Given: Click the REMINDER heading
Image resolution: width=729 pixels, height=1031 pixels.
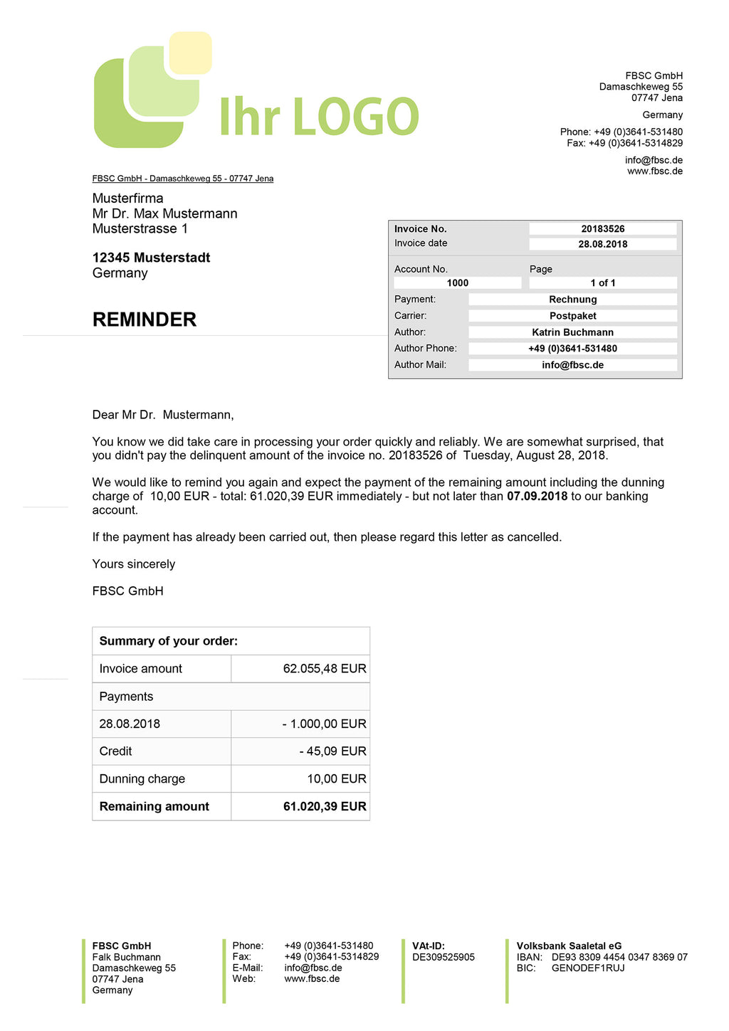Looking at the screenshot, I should [145, 319].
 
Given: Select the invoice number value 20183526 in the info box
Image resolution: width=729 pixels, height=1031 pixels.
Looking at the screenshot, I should [602, 229].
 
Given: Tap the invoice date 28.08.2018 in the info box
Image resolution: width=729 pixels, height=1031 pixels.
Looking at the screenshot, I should [602, 244].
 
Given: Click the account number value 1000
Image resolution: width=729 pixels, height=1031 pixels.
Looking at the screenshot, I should [457, 283].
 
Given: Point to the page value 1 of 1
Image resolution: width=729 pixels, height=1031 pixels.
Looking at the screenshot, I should [602, 283].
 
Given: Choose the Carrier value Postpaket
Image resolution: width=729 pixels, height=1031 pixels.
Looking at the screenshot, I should [572, 316].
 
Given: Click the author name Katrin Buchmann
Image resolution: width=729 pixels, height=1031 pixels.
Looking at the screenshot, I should [572, 332].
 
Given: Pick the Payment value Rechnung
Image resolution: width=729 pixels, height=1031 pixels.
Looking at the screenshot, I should [572, 300].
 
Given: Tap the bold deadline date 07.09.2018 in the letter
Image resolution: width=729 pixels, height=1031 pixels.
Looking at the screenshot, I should [537, 496].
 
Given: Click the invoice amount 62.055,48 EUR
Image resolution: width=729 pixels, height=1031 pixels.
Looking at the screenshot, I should [325, 669].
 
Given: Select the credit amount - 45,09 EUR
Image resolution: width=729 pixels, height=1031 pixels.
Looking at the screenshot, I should [332, 751].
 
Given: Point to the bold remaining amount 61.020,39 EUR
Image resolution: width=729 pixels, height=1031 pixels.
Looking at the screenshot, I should [325, 807].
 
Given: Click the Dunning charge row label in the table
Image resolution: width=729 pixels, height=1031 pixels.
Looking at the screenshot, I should [142, 779].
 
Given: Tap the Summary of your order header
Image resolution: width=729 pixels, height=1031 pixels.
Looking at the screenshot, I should [169, 641].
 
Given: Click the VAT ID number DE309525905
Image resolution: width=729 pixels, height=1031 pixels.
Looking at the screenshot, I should [444, 958].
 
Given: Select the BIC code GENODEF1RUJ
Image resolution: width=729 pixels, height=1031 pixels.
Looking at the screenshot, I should [588, 968].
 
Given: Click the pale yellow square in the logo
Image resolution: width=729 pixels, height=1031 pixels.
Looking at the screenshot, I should [190, 52].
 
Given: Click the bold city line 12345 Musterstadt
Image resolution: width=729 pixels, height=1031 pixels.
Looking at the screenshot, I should [151, 258].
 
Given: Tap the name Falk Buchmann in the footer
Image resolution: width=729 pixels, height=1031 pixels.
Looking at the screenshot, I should [127, 958].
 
